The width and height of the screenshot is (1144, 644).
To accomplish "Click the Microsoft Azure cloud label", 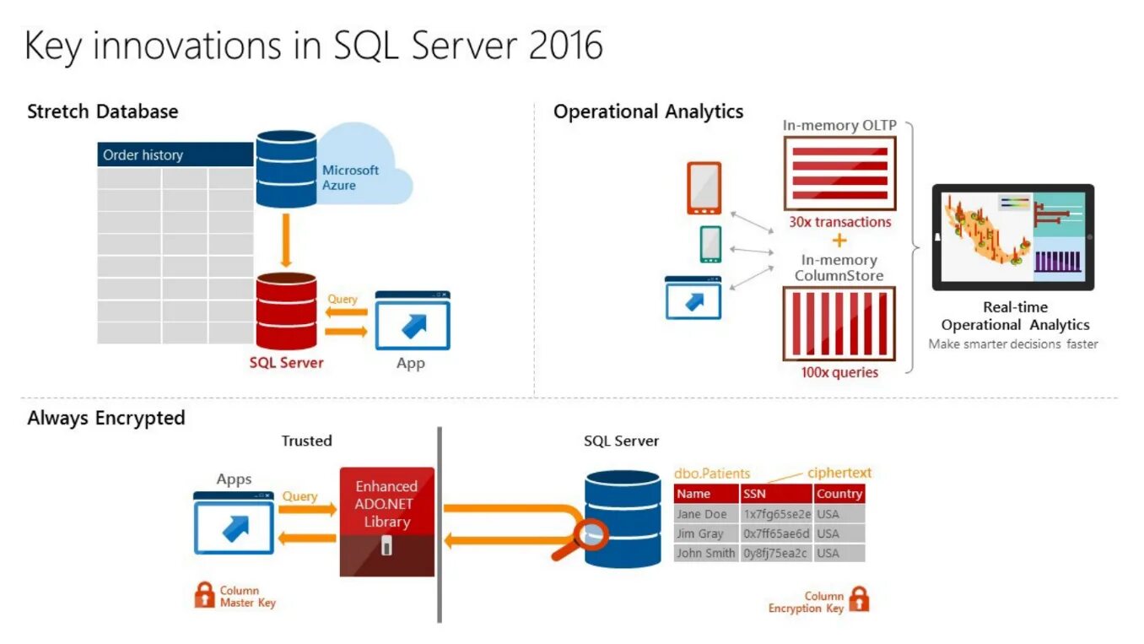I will click(350, 177).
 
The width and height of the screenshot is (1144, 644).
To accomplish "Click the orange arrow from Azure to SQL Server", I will click(286, 241).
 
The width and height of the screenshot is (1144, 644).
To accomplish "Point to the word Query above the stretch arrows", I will click(343, 299).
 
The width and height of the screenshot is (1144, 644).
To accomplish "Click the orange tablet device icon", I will click(704, 188).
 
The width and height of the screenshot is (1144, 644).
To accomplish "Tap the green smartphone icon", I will click(710, 244).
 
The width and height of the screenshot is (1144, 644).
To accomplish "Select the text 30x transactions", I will click(839, 222).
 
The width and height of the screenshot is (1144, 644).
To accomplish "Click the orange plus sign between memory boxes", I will click(839, 241).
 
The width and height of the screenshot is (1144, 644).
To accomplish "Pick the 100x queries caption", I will click(839, 372).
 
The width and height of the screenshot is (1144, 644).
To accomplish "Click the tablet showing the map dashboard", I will click(1012, 237).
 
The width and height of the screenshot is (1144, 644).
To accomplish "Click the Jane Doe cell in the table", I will click(701, 514).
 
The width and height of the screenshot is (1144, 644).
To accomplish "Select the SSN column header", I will click(754, 494).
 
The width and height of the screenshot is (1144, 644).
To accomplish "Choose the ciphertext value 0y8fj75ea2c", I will click(775, 554).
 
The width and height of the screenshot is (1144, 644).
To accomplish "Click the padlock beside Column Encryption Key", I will click(859, 599).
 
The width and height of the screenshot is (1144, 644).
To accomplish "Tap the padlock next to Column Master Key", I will click(204, 594).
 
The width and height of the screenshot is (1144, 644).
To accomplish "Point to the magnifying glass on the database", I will click(591, 534).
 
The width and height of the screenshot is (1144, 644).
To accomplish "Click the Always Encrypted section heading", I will click(105, 418).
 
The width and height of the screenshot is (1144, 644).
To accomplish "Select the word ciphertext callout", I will click(839, 473).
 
